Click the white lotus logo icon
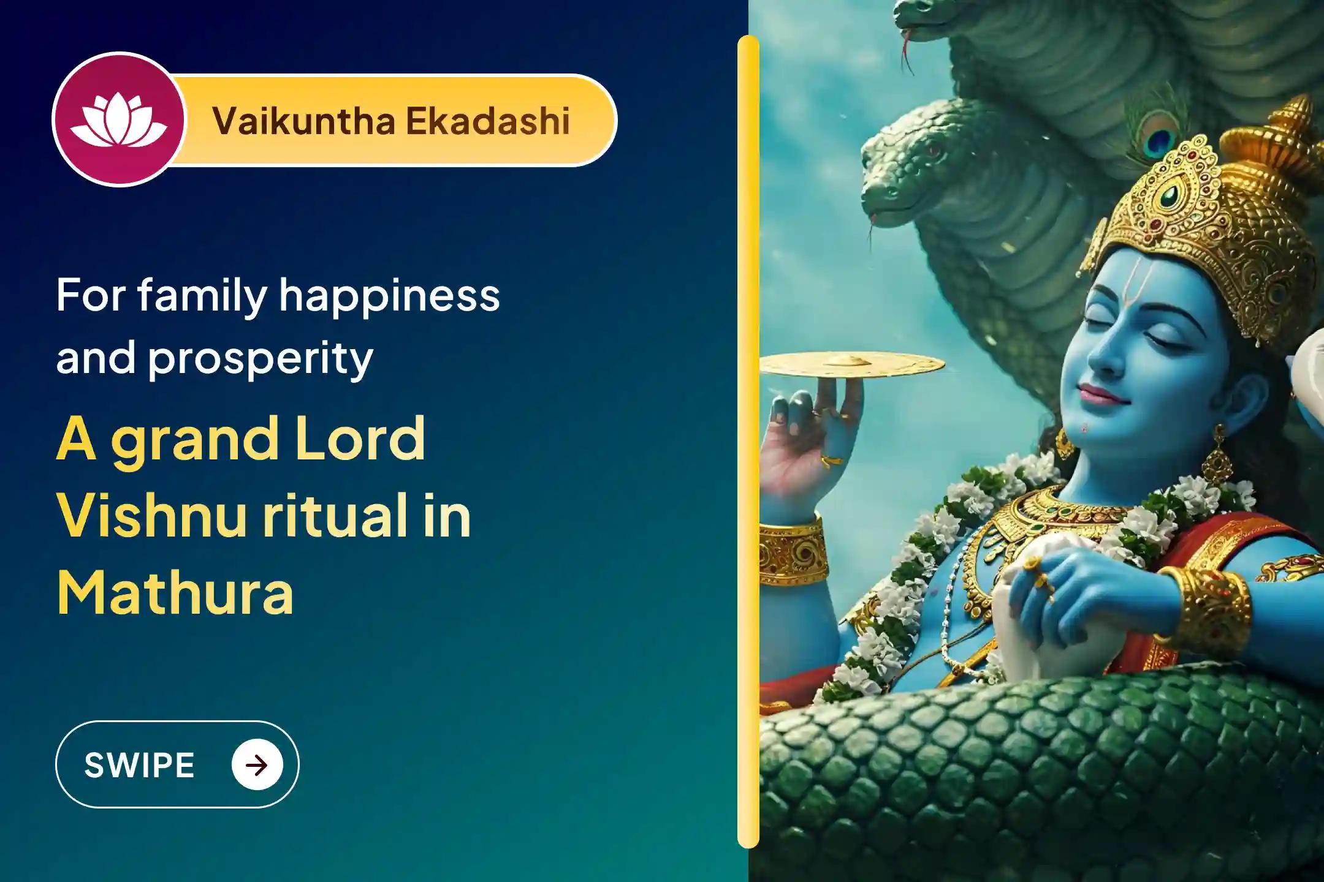(118, 121)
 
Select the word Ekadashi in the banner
(487, 121)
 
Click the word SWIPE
(139, 765)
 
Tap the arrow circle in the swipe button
(257, 765)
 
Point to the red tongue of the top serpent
(904, 49)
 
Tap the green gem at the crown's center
(1169, 195)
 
